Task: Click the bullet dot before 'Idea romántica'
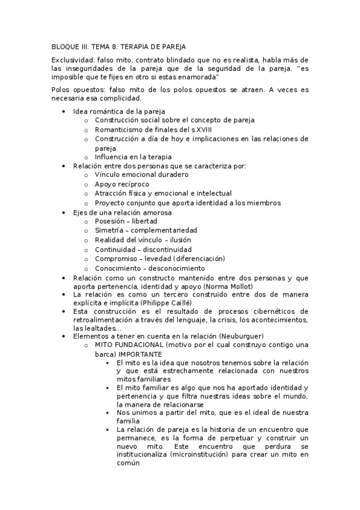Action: pos(64,112)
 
